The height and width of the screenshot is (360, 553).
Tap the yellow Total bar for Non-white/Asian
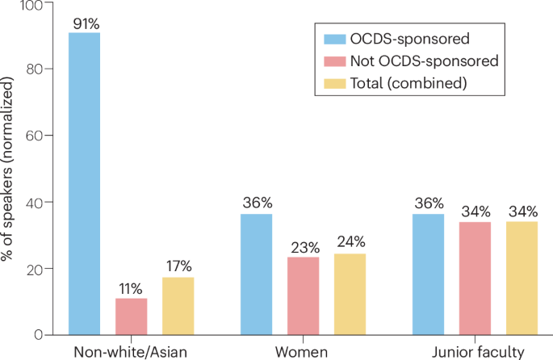178,306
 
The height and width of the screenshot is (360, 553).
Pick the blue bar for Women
257,274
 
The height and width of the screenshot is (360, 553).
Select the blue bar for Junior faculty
428,274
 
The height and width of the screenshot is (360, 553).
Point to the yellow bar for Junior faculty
522,278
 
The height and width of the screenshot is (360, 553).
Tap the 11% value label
131,288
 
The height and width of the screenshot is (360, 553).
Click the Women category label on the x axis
303,352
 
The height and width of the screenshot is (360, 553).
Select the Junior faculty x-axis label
475,352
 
